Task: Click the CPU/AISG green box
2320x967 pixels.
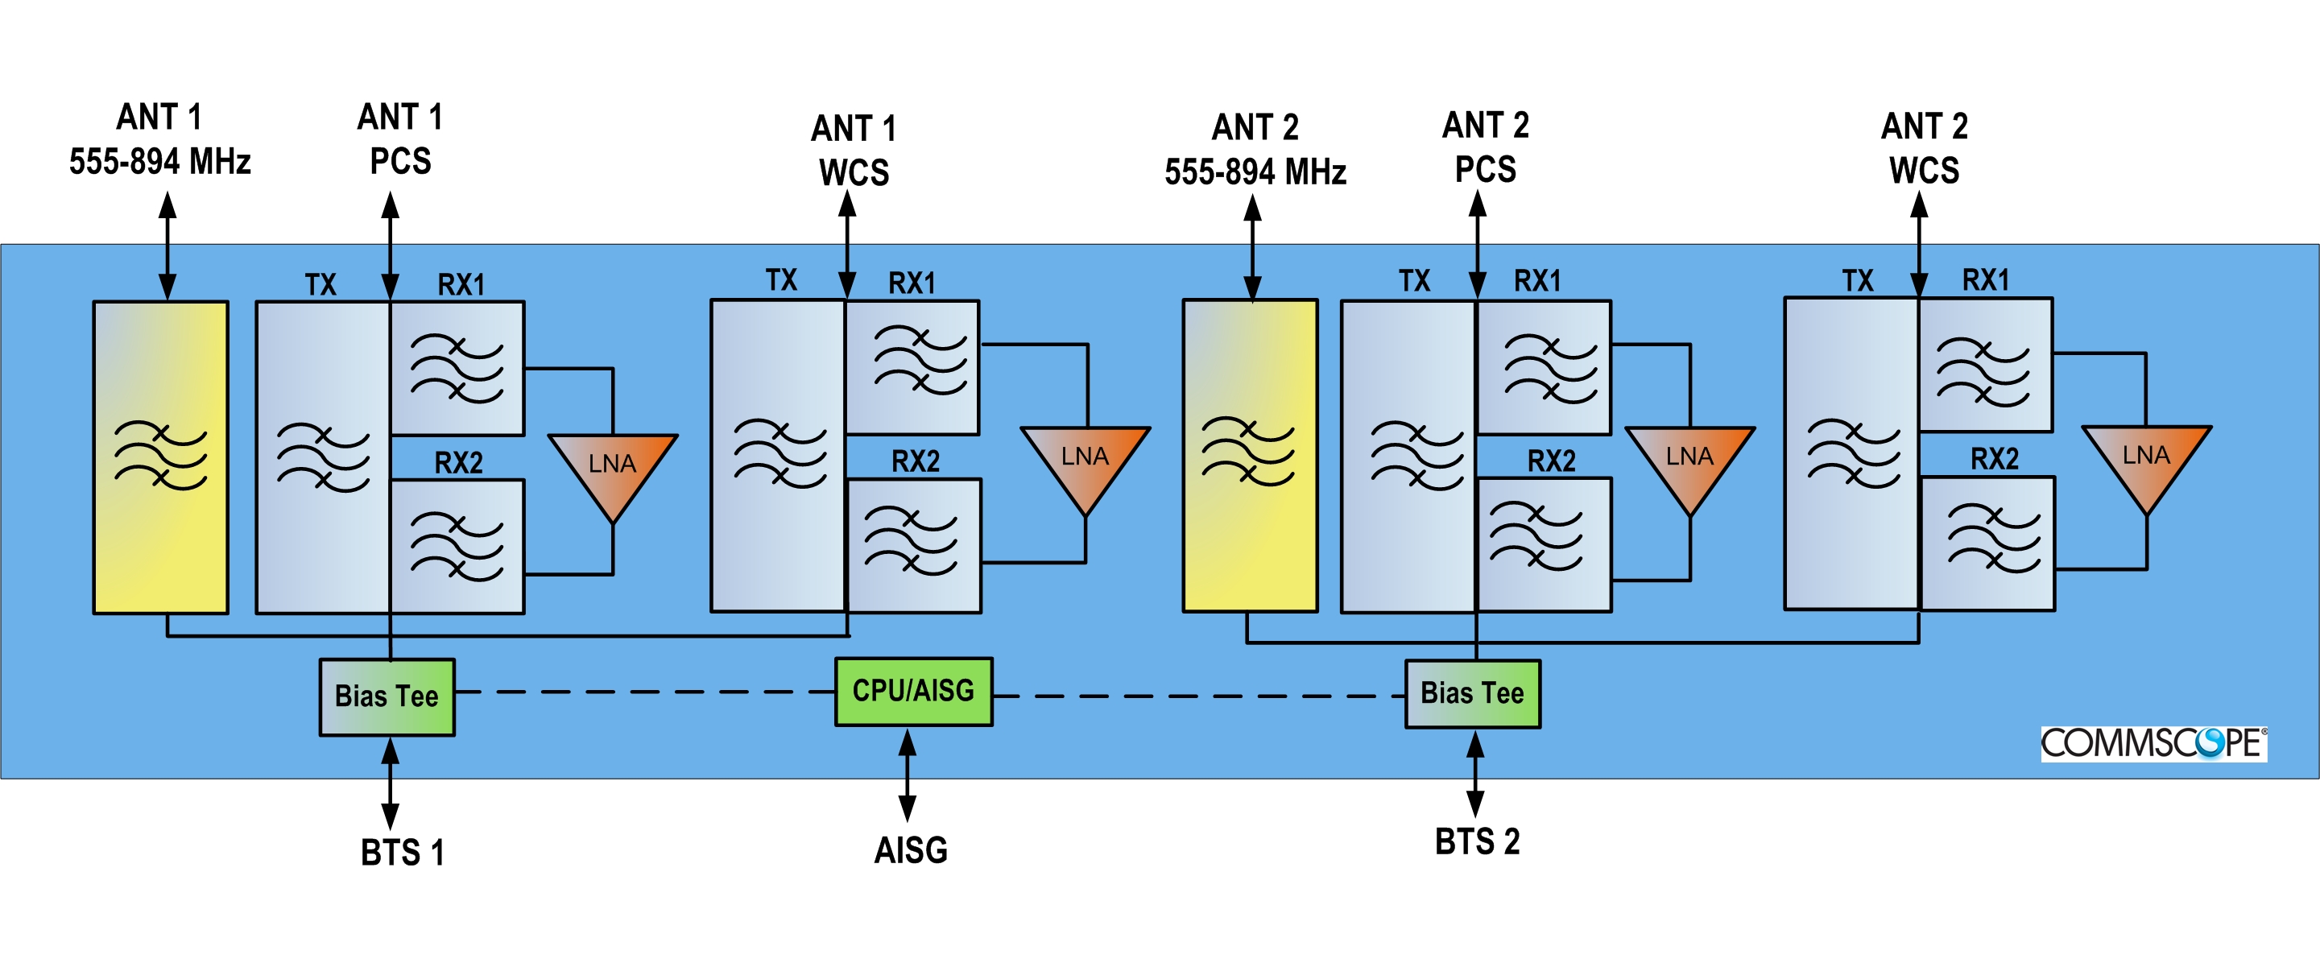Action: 913,692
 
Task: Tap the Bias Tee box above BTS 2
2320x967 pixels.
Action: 1473,693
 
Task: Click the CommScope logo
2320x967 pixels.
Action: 2153,744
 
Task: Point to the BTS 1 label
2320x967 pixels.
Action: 402,853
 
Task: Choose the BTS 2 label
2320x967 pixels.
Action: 1477,842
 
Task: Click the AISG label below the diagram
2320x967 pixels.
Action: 911,850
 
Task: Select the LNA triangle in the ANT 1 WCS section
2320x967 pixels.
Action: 1085,463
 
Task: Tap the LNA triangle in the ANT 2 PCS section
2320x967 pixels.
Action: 1689,463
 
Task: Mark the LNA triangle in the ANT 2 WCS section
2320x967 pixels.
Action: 2146,462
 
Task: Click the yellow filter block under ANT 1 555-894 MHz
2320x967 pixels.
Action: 161,457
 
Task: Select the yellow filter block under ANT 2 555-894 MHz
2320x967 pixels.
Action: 1250,456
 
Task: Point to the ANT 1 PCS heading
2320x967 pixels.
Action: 401,139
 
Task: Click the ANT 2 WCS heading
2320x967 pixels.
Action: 1925,149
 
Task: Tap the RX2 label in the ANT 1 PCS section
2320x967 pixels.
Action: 458,463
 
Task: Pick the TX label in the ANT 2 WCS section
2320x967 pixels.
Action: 1857,281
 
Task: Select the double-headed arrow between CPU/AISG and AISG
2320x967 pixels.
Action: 908,775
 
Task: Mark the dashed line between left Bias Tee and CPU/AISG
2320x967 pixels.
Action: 644,692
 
